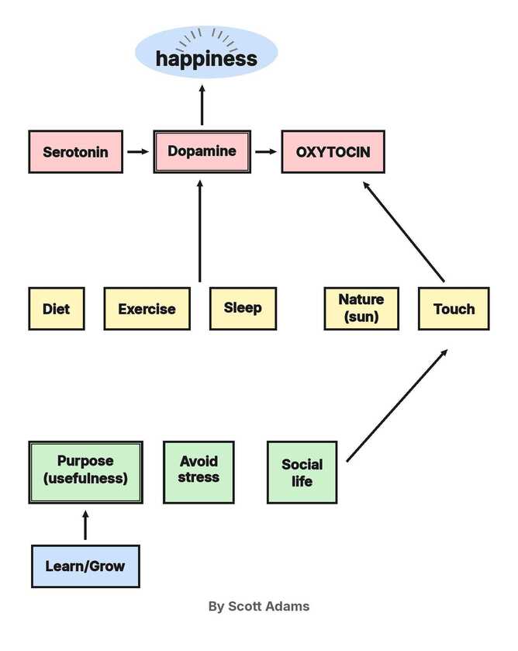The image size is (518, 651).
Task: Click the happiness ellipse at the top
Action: (x=206, y=52)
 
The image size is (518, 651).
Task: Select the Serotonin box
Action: (x=75, y=151)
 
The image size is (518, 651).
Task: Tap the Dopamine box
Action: (x=202, y=151)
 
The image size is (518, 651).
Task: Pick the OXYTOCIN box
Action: (x=333, y=151)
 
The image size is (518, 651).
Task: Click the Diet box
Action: (x=57, y=309)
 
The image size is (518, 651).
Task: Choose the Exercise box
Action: (x=147, y=309)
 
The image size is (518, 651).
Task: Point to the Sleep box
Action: (x=243, y=309)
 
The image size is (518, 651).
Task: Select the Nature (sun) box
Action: (x=361, y=309)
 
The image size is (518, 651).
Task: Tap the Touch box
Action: (x=454, y=309)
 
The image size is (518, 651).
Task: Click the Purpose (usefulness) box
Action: (x=85, y=472)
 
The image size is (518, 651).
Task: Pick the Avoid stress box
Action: (x=199, y=472)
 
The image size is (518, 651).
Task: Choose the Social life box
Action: (x=302, y=472)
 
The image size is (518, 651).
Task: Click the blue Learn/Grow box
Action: (x=85, y=566)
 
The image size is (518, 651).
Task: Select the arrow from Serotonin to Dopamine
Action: (x=138, y=151)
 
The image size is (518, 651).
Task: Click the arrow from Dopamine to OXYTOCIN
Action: (x=266, y=151)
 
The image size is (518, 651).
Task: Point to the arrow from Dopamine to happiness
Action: (x=202, y=105)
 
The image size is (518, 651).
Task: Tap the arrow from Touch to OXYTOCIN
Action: (x=403, y=232)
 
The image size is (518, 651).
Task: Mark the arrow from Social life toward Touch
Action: (x=397, y=405)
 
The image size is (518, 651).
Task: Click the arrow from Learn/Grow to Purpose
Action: (x=85, y=525)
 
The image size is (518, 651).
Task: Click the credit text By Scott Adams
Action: (x=259, y=606)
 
